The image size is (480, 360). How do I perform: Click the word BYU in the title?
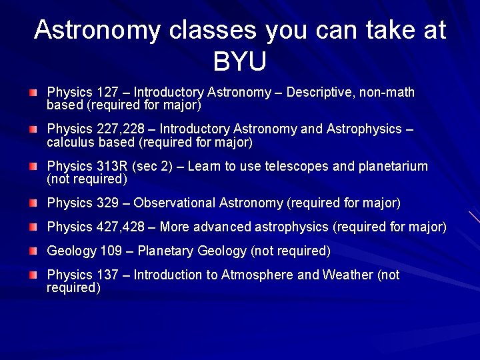click(x=240, y=61)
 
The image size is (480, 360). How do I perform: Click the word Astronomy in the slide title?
click(x=97, y=30)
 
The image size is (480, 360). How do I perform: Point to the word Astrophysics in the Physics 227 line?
click(x=364, y=129)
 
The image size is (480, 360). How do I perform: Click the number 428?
click(x=133, y=227)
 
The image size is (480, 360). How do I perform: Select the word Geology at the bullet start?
click(x=69, y=251)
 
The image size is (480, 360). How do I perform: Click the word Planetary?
click(x=165, y=251)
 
